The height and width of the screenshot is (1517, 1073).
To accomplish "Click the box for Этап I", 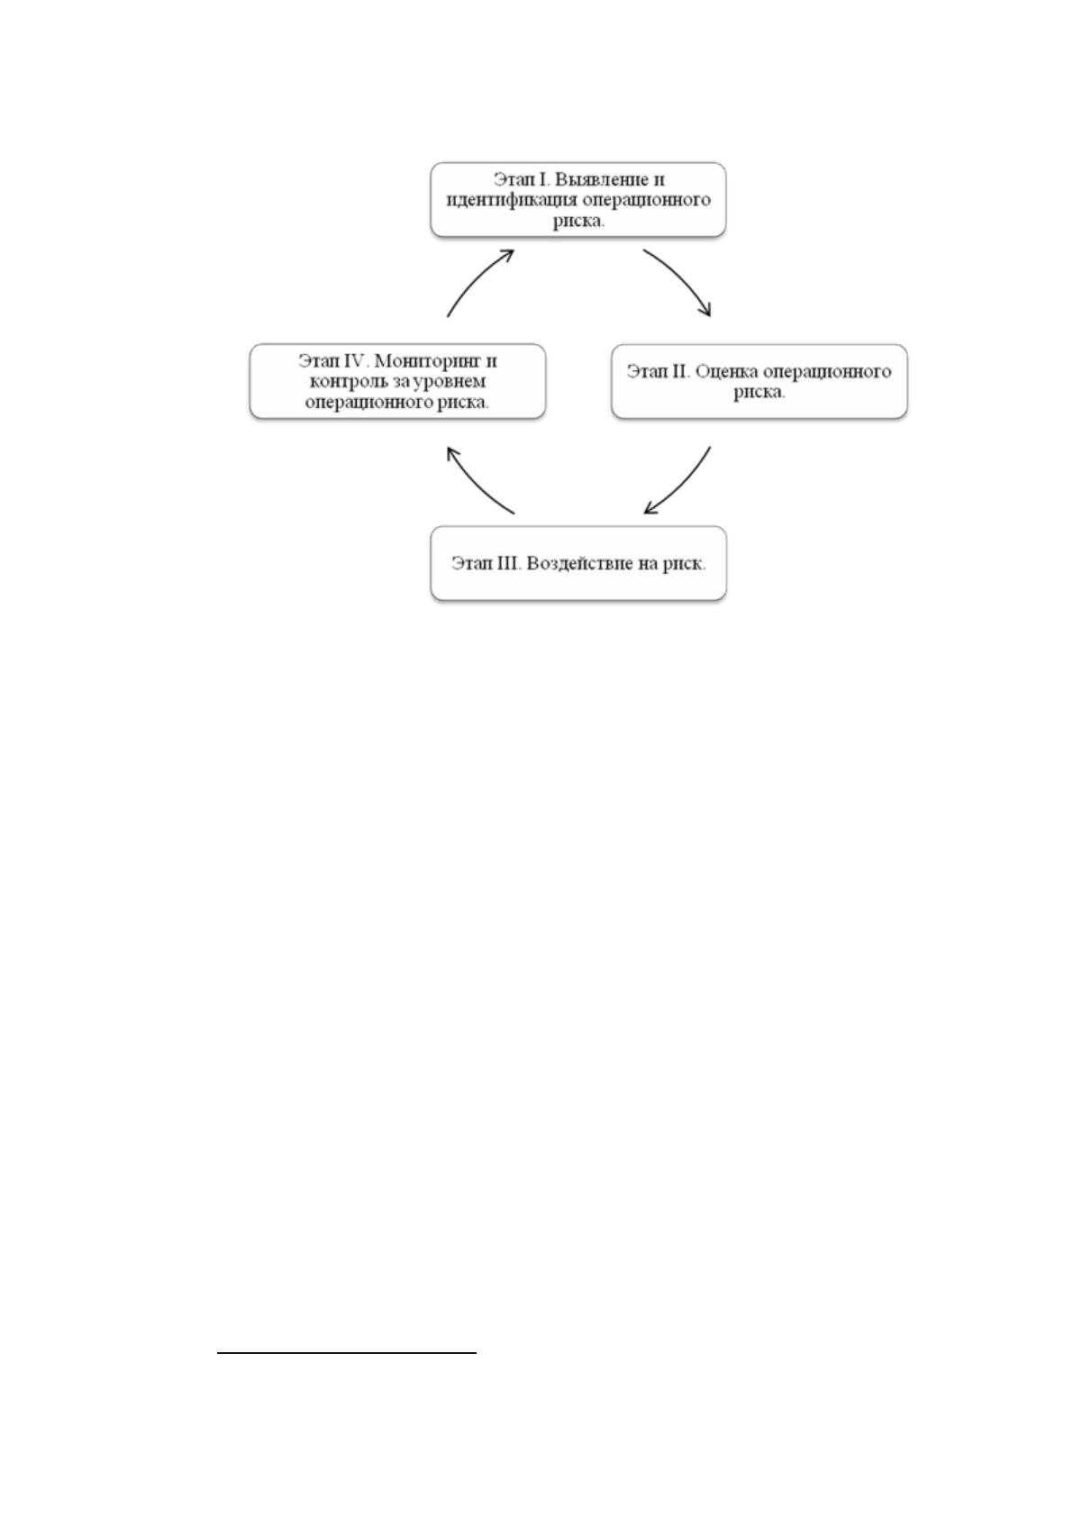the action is pos(577,200).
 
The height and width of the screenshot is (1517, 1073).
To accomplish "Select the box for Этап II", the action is pos(759,381).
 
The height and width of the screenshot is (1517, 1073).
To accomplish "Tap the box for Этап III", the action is pos(577,563).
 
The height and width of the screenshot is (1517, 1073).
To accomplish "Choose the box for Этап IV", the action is pos(397,381).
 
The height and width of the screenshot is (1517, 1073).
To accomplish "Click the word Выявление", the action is pos(601,179).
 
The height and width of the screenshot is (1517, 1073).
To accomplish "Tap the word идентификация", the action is pos(512,201).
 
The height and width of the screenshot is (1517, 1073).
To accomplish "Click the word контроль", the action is pos(344,381).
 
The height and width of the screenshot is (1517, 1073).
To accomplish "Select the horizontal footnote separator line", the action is pos(347,1353).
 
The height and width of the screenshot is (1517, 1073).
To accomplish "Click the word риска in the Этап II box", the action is pos(758,392).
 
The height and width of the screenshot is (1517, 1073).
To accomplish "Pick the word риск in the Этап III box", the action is pos(681,564).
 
